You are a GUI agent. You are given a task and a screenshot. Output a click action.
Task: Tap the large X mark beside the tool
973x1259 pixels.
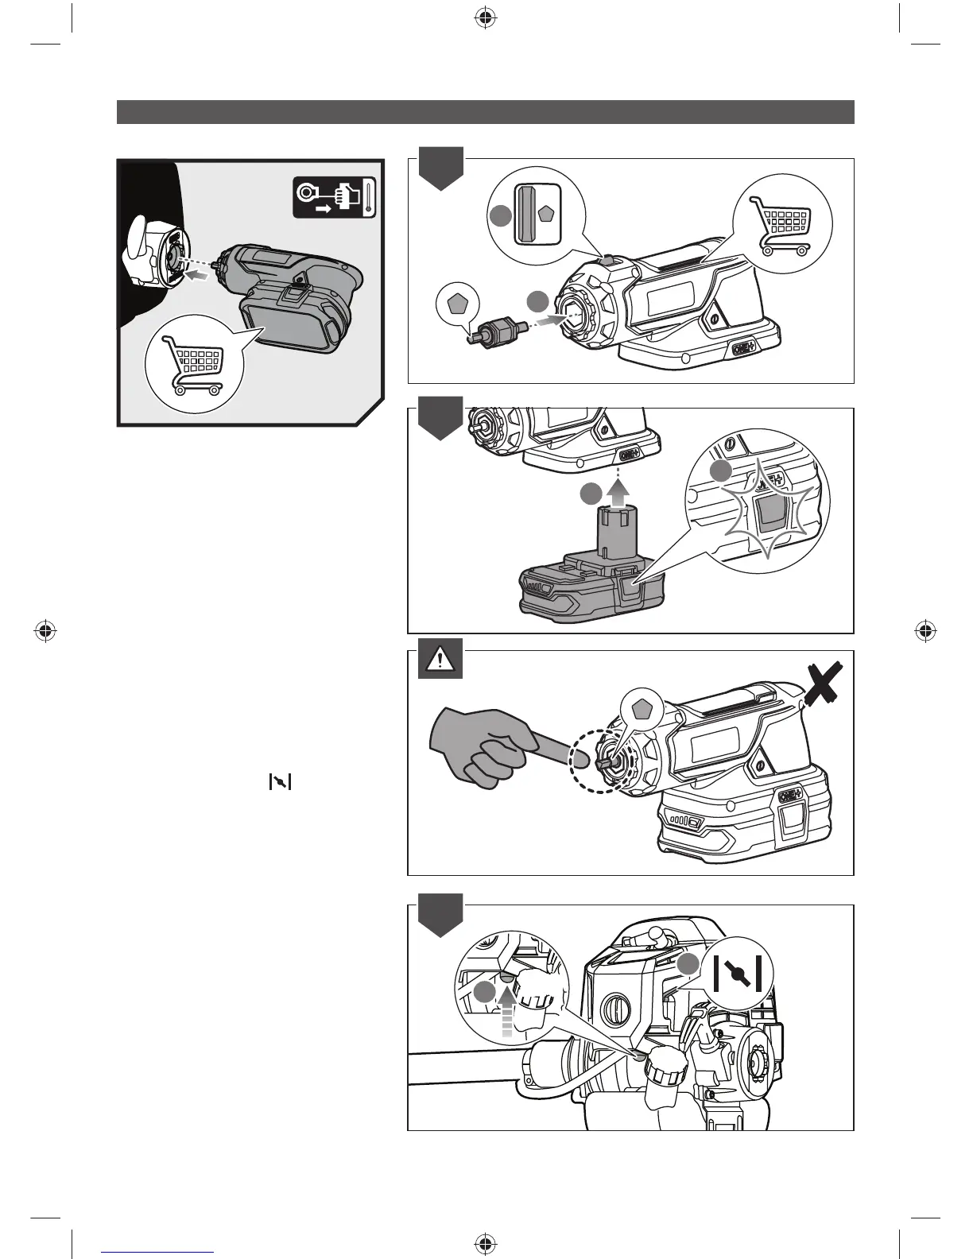click(x=824, y=684)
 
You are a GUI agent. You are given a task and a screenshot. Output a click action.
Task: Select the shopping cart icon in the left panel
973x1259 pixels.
click(x=192, y=365)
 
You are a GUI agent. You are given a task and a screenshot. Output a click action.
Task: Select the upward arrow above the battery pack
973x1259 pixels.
click(x=616, y=493)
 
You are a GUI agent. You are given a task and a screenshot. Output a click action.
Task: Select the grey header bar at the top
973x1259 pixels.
click(x=485, y=112)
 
